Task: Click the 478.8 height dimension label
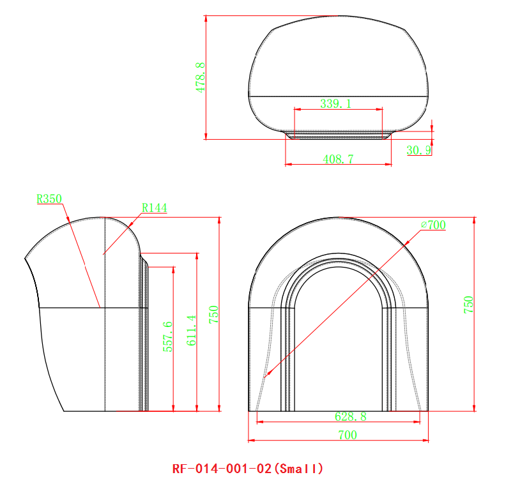click(201, 78)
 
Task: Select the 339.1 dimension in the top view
click(335, 103)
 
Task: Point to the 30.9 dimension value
click(419, 150)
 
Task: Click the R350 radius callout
click(49, 199)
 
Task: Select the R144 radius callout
click(154, 208)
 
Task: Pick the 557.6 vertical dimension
click(168, 336)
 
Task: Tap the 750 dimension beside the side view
click(215, 314)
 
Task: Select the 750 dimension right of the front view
click(468, 304)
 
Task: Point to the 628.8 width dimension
click(351, 416)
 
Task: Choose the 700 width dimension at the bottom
click(347, 435)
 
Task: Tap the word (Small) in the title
click(298, 469)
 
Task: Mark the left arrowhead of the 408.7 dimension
click(288, 165)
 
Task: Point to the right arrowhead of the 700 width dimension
click(426, 440)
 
